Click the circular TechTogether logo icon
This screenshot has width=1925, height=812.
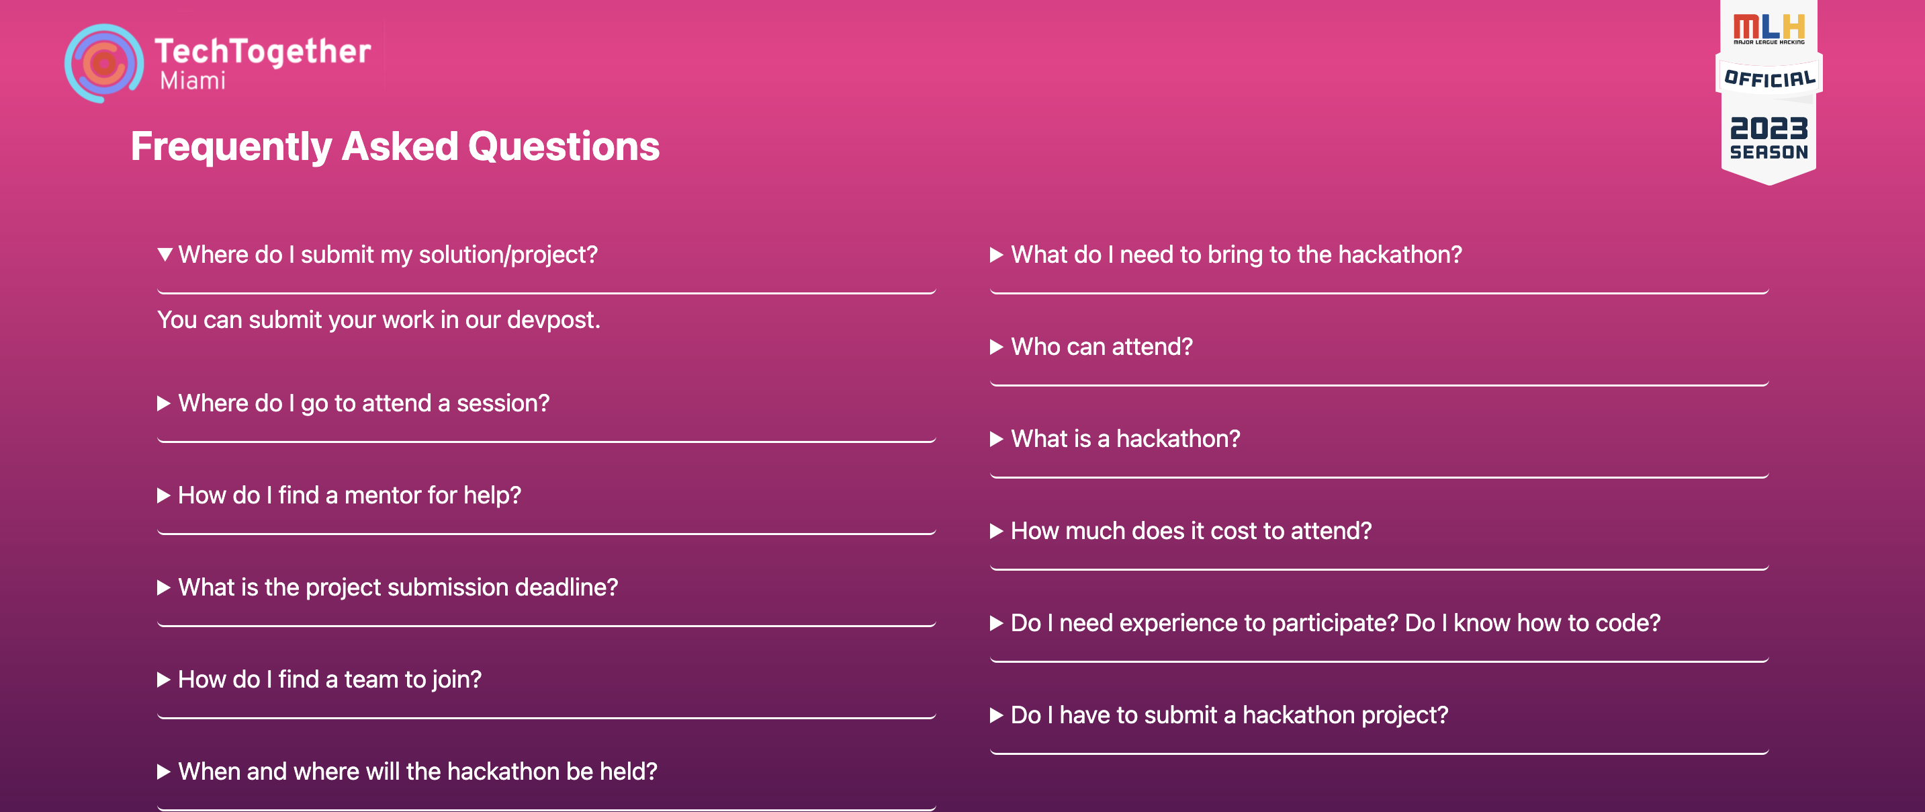(x=104, y=64)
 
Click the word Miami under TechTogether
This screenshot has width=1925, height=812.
(x=193, y=81)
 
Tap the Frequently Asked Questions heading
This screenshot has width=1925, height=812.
(x=396, y=146)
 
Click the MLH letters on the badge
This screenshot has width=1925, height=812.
(x=1769, y=27)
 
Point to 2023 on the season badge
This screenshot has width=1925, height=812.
(x=1769, y=128)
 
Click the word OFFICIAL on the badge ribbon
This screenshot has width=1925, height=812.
(x=1769, y=78)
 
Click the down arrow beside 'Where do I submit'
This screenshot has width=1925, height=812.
(x=165, y=254)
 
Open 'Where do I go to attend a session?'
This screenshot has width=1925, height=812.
(x=364, y=403)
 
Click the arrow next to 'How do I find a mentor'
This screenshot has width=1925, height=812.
(x=164, y=495)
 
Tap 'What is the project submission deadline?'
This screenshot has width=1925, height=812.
(x=398, y=587)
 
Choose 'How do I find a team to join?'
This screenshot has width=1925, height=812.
(x=330, y=679)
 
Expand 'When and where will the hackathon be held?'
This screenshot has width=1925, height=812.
(x=418, y=771)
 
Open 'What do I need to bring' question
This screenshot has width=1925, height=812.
(x=1237, y=254)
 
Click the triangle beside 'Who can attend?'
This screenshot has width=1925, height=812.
(x=996, y=347)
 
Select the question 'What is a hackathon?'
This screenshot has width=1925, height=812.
(x=1126, y=438)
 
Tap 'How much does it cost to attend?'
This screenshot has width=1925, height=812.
(x=1191, y=531)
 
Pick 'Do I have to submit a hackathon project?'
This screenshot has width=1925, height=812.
(x=1229, y=715)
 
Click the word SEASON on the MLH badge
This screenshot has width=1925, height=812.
(x=1769, y=152)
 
